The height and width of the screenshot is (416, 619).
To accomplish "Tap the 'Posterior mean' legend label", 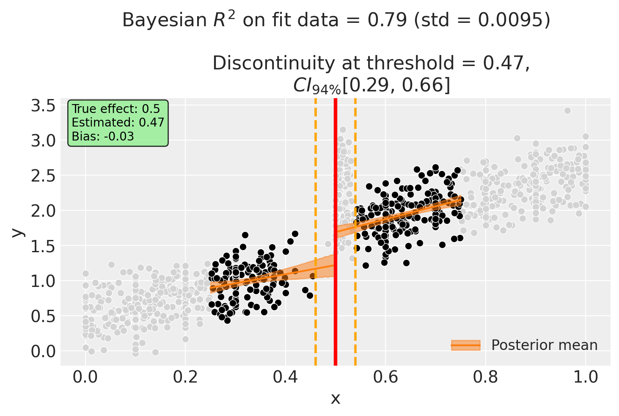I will tap(544, 345).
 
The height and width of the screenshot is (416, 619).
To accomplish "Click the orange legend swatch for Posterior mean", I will tap(465, 345).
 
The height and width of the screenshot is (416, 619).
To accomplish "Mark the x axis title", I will tap(335, 398).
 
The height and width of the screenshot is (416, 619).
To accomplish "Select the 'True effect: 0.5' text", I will tap(116, 109).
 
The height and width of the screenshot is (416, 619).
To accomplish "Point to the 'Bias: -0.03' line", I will tap(103, 136).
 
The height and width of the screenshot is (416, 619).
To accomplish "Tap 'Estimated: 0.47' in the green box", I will tap(118, 123).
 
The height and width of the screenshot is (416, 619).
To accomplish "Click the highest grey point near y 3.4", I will tap(567, 110).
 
